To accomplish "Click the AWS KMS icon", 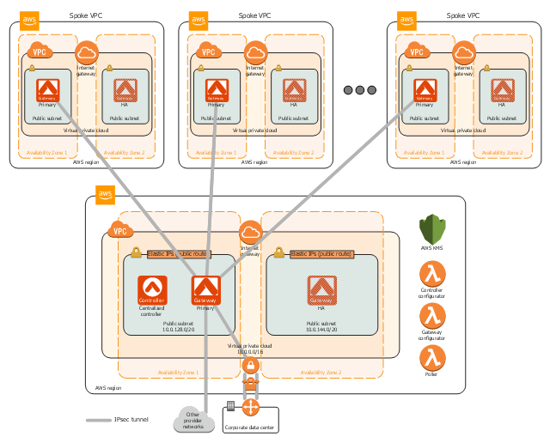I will point(432,229).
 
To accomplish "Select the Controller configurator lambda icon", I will point(432,275).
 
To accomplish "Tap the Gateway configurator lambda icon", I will point(432,315).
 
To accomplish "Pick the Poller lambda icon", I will point(432,355).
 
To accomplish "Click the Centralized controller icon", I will point(151,290).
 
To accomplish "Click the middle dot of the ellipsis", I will point(360,90).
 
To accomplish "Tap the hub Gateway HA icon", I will point(321,290).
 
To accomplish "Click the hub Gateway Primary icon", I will point(205,290).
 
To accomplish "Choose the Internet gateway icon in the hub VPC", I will point(250,233).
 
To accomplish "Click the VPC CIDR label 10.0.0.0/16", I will point(250,352).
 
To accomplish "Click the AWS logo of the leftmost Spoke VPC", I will point(30,20).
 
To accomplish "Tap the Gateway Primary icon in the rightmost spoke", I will point(425,89).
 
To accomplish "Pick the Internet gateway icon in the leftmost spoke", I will point(86,52).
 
